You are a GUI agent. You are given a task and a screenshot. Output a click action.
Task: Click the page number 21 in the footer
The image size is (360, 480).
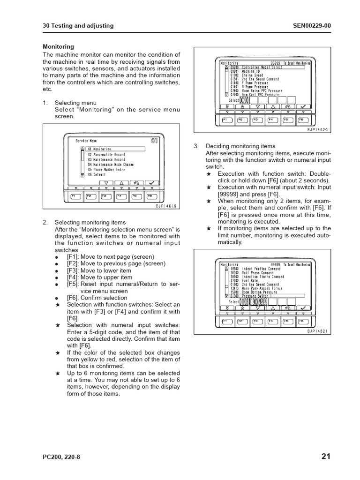click(326, 457)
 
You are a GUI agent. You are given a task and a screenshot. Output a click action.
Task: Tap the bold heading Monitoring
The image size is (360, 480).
click(59, 47)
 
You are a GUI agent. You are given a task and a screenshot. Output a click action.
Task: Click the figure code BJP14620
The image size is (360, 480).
click(318, 129)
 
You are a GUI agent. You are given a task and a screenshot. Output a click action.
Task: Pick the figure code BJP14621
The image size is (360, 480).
click(318, 331)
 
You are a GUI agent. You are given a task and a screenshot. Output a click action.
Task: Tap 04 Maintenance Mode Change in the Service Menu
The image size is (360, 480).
click(110, 165)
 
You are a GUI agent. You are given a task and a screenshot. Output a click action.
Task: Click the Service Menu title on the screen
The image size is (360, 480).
click(86, 140)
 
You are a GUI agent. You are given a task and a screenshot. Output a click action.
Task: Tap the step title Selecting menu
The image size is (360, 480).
click(75, 103)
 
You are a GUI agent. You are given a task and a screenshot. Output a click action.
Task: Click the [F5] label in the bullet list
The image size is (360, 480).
click(73, 284)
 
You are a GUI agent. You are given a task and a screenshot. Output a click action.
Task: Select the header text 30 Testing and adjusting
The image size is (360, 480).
click(78, 26)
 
